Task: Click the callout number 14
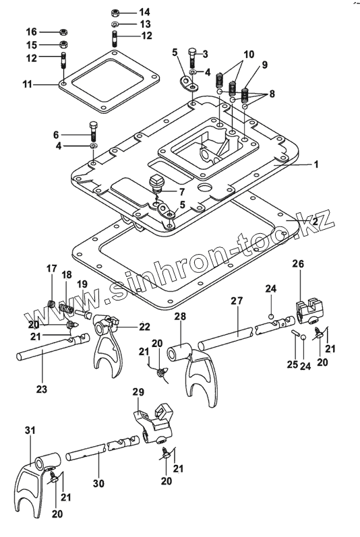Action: click(144, 12)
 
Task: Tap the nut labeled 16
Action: click(63, 32)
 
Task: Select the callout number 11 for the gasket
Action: click(27, 84)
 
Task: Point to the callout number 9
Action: click(265, 65)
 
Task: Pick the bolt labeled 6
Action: click(94, 131)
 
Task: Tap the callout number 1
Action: click(316, 164)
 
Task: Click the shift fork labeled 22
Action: click(107, 342)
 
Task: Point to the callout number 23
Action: click(42, 389)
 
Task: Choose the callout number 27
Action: click(237, 301)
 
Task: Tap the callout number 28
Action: click(180, 316)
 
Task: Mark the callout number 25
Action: click(292, 365)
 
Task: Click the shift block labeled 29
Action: click(153, 423)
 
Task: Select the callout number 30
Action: click(98, 483)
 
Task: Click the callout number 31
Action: click(30, 430)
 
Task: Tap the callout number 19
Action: click(82, 284)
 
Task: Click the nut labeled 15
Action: click(63, 44)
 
